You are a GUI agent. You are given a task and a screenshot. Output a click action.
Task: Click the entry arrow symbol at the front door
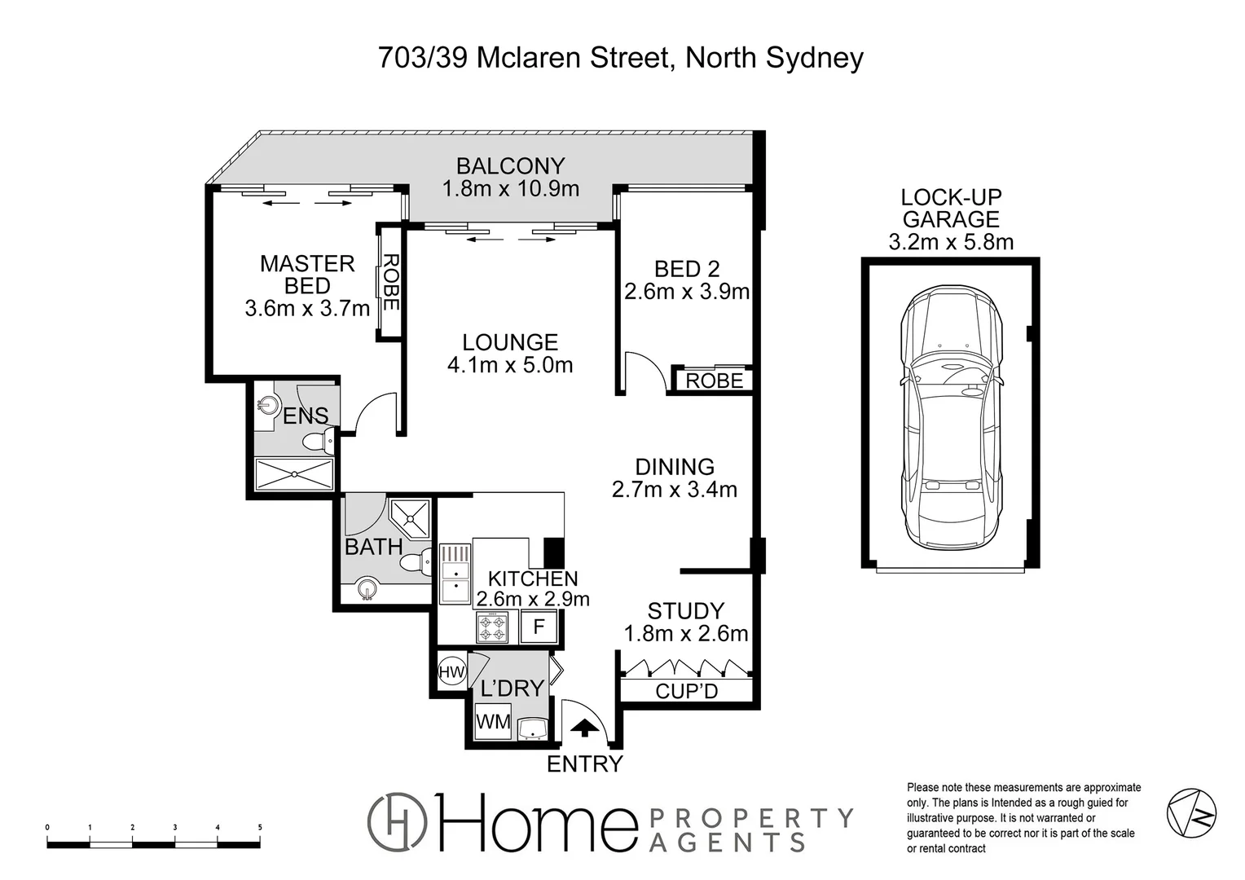click(x=583, y=727)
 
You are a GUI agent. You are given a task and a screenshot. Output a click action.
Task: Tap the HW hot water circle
click(x=451, y=672)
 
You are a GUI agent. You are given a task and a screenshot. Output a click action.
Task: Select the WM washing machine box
click(x=493, y=721)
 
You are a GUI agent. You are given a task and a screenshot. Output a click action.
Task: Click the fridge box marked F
click(x=539, y=627)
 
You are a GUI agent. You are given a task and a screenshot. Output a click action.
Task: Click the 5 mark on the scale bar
click(x=260, y=827)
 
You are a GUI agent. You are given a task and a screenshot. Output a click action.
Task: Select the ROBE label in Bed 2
click(x=714, y=381)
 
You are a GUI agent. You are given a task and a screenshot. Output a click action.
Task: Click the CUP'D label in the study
click(x=687, y=692)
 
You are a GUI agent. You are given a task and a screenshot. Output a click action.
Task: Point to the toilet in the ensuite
click(x=318, y=442)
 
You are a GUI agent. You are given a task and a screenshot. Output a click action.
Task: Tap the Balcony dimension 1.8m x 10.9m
click(x=510, y=189)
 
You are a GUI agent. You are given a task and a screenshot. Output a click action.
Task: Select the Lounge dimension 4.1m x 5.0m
click(x=510, y=365)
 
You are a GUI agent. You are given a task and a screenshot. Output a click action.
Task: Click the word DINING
click(x=675, y=467)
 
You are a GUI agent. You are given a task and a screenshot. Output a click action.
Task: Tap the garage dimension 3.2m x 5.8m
click(x=951, y=242)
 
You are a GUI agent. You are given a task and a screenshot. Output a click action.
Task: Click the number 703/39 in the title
click(x=423, y=58)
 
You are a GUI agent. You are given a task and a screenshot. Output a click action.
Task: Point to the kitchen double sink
click(x=455, y=574)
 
